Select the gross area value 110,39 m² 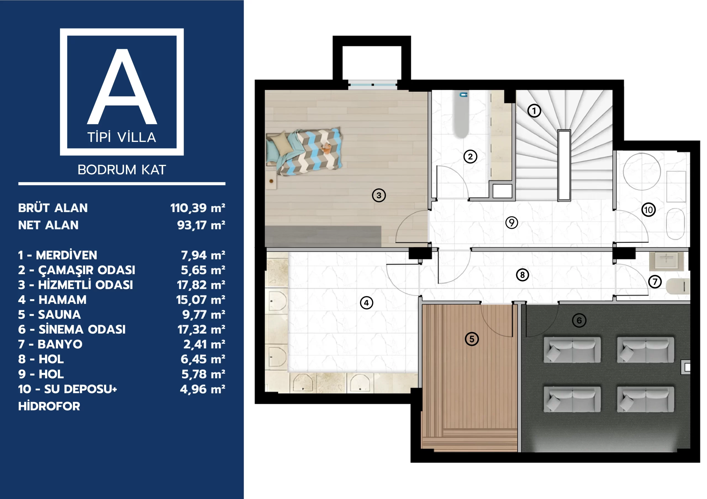[198, 208]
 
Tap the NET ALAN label [48, 225]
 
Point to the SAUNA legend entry [49, 315]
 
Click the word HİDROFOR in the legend [49, 406]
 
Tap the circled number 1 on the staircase [534, 110]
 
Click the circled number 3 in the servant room [379, 195]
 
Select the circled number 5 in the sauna [471, 339]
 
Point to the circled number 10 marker [648, 210]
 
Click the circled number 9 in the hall [511, 222]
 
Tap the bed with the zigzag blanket [305, 151]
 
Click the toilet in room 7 [677, 286]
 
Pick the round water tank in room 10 [642, 171]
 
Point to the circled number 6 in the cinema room [579, 320]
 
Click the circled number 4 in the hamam [366, 303]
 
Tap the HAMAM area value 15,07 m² [201, 300]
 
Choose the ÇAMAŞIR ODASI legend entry [77, 270]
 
